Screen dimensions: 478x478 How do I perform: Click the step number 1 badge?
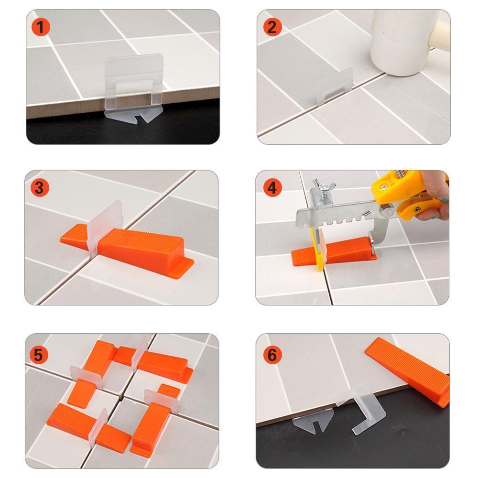(41, 27)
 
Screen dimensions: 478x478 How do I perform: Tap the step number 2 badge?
(272, 27)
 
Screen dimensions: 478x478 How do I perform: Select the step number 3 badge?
(40, 187)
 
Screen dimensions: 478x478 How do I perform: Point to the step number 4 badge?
(272, 187)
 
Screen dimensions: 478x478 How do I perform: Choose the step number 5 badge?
(39, 355)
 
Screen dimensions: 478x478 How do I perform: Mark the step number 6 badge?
(272, 355)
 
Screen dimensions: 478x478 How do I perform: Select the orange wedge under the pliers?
(334, 251)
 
